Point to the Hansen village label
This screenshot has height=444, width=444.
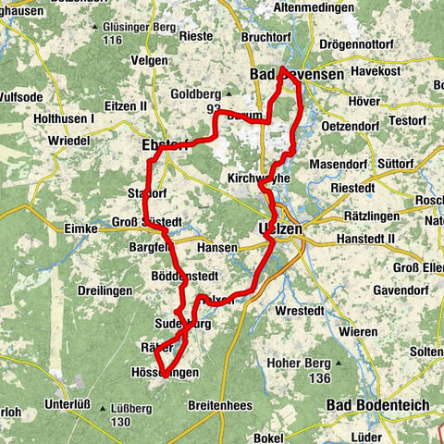point(216,248)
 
